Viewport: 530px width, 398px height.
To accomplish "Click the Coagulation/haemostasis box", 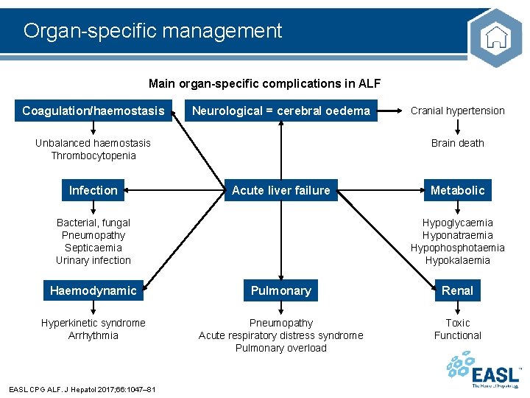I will (x=93, y=111).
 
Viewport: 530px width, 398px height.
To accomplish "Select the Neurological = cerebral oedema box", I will (x=281, y=111).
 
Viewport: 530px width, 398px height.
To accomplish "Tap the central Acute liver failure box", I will (x=281, y=190).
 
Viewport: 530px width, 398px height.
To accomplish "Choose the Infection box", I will (x=93, y=190).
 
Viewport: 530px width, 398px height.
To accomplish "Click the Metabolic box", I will (x=457, y=190).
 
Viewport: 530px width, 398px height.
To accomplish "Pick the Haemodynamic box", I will (x=93, y=290).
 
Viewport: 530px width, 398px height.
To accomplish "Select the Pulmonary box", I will (x=281, y=290).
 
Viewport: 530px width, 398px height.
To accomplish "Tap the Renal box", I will (x=457, y=290).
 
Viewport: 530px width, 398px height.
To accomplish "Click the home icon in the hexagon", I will (x=498, y=37).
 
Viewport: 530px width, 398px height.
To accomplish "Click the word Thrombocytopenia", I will (x=93, y=156).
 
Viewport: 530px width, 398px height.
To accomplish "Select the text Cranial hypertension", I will (x=457, y=111).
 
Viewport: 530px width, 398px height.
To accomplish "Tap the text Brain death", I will (x=457, y=143).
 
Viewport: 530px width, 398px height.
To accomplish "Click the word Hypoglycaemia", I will (x=457, y=223).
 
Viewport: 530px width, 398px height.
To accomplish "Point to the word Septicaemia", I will (x=93, y=248).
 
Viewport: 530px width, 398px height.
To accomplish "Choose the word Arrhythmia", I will (x=93, y=335).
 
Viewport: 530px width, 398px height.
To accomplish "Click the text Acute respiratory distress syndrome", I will (x=281, y=335).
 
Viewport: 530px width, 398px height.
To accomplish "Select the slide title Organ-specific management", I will (x=152, y=31).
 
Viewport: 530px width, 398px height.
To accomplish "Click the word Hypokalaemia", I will (x=457, y=260).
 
